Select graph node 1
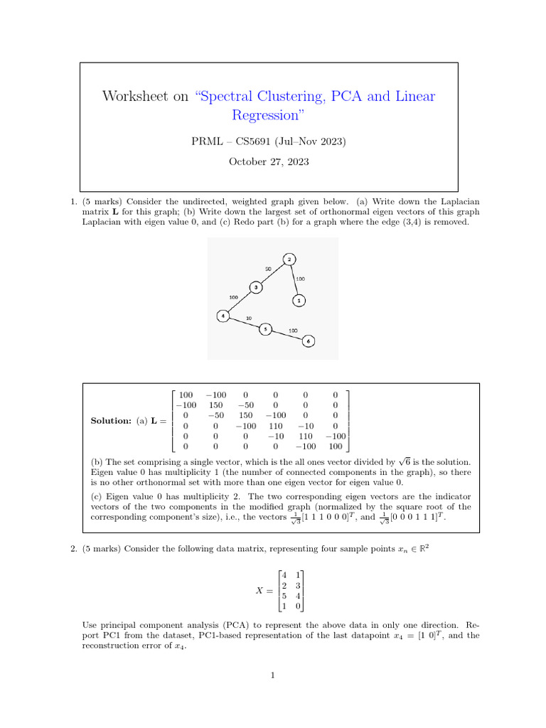click(x=299, y=301)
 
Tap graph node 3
click(x=255, y=287)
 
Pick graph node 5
click(x=265, y=329)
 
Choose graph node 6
click(x=308, y=341)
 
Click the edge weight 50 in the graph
click(x=268, y=269)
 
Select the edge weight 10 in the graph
click(x=248, y=318)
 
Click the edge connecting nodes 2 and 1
click(x=294, y=280)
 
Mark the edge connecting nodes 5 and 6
click(x=287, y=335)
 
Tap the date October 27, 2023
click(x=269, y=161)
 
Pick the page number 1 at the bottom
click(x=273, y=675)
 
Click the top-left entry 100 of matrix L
click(x=186, y=395)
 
